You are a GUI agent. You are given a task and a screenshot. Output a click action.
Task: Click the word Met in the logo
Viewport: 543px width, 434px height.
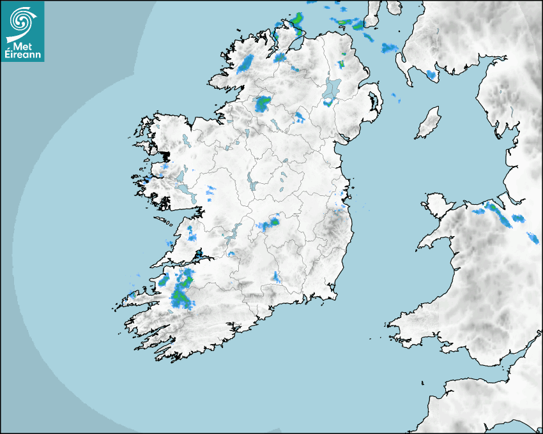(x=23, y=45)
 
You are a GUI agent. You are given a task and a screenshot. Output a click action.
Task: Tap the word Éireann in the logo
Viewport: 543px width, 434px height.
(x=22, y=56)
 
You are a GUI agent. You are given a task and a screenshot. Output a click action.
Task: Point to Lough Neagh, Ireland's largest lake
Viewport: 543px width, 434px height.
(x=332, y=89)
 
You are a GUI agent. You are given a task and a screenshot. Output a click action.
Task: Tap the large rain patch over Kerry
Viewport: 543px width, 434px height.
(x=181, y=290)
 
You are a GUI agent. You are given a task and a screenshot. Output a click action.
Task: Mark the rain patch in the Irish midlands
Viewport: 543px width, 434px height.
(x=270, y=224)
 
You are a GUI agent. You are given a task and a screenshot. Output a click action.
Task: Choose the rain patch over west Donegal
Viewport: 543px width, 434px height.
(x=247, y=63)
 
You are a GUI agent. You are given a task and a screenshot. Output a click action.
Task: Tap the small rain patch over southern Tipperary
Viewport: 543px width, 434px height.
(x=277, y=277)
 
